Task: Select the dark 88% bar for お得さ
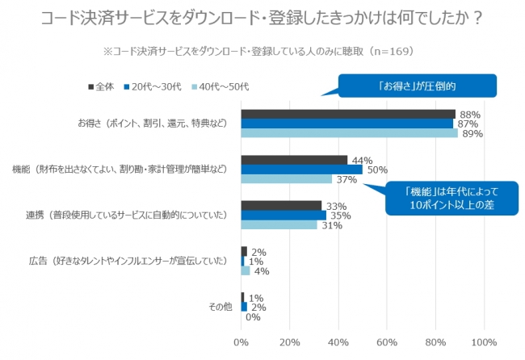pos(347,114)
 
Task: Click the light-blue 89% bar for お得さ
pos(349,133)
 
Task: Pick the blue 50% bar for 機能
pos(301,170)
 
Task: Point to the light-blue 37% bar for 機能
pos(286,179)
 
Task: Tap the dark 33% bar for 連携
pos(281,206)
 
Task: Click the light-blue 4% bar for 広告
pos(246,270)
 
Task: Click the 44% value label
pos(360,160)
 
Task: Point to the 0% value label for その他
pos(252,317)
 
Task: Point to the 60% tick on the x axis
pos(386,343)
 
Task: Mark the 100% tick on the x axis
pos(483,343)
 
